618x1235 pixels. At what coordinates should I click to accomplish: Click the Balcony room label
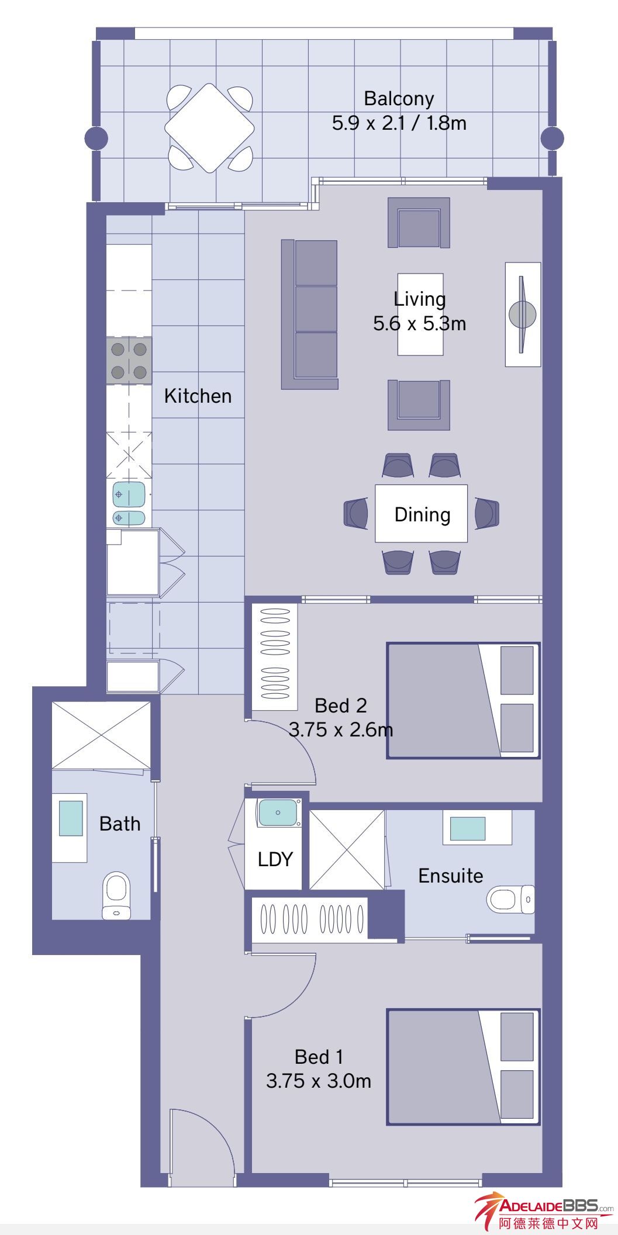click(399, 98)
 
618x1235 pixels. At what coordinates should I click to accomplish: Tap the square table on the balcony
click(210, 127)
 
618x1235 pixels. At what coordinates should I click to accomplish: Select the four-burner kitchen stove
click(129, 360)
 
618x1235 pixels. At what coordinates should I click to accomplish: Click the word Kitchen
click(198, 396)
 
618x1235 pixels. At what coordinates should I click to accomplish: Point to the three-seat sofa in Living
click(310, 314)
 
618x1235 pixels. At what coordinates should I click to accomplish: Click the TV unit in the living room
click(523, 314)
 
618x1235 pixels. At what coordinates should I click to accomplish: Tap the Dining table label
click(422, 514)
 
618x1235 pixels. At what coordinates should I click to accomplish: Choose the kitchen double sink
click(129, 503)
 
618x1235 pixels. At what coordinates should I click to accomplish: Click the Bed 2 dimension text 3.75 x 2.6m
click(341, 729)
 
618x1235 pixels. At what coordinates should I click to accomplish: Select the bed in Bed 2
click(463, 700)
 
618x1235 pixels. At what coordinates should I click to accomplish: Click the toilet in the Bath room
click(116, 896)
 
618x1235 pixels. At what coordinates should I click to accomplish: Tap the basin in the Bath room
click(70, 818)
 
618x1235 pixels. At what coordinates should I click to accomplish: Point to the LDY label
click(275, 859)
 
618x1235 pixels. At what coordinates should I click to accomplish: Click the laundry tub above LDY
click(278, 813)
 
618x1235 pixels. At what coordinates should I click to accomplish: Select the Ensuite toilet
click(510, 898)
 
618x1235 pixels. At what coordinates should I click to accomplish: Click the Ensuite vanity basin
click(467, 828)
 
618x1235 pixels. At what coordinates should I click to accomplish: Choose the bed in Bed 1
click(463, 1067)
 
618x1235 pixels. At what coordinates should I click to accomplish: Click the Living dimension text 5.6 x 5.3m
click(420, 323)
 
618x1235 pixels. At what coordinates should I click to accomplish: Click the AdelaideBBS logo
click(544, 1212)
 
